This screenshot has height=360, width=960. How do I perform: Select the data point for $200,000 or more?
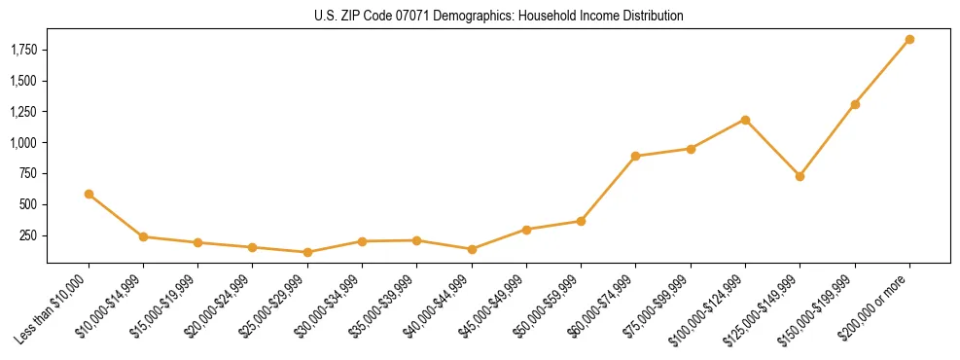tap(909, 40)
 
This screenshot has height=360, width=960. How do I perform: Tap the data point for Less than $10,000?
tap(89, 194)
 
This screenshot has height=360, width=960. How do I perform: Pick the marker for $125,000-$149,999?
tap(800, 176)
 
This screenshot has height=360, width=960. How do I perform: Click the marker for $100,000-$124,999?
tap(745, 120)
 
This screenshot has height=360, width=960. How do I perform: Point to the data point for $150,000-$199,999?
tap(855, 104)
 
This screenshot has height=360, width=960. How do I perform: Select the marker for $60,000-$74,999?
tap(635, 156)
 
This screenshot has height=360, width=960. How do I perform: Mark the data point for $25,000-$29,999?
tap(307, 252)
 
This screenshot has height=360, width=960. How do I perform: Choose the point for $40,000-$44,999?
tap(472, 249)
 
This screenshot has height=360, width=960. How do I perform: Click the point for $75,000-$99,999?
tap(691, 149)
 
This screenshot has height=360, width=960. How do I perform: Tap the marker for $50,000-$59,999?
tap(581, 221)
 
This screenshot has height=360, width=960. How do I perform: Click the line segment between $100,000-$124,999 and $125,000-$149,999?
tap(772, 148)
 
